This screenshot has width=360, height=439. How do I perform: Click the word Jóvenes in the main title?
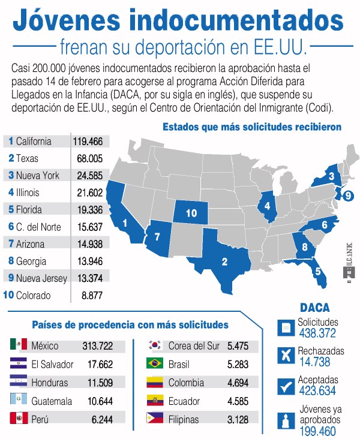(x=67, y=20)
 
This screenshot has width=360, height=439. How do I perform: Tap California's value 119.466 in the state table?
(x=88, y=142)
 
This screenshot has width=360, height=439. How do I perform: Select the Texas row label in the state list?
(x=23, y=158)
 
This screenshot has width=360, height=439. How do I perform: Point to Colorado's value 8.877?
(x=92, y=296)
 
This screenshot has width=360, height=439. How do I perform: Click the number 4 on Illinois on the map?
(x=267, y=206)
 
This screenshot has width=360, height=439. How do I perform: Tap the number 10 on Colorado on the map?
(x=191, y=213)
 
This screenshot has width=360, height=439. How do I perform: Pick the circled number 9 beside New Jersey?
(x=348, y=196)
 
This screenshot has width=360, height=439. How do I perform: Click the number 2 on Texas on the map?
(x=224, y=261)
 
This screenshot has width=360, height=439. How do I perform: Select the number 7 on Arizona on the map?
(x=157, y=237)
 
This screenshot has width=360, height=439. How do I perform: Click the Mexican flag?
(x=19, y=344)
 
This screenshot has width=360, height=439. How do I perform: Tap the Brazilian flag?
(x=155, y=363)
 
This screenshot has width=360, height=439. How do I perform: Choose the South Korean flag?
(x=155, y=345)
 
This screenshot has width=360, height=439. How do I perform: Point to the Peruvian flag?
(x=19, y=418)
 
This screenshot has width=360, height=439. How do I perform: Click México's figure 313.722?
(x=97, y=346)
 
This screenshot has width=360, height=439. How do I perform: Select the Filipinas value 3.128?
(x=238, y=419)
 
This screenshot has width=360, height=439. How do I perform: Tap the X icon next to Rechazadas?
(x=286, y=356)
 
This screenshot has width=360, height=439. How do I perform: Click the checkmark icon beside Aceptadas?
(x=286, y=387)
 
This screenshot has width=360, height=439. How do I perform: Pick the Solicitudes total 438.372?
(x=317, y=333)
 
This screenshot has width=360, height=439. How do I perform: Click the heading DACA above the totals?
(x=314, y=308)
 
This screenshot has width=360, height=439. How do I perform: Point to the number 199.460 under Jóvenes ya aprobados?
(x=317, y=431)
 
